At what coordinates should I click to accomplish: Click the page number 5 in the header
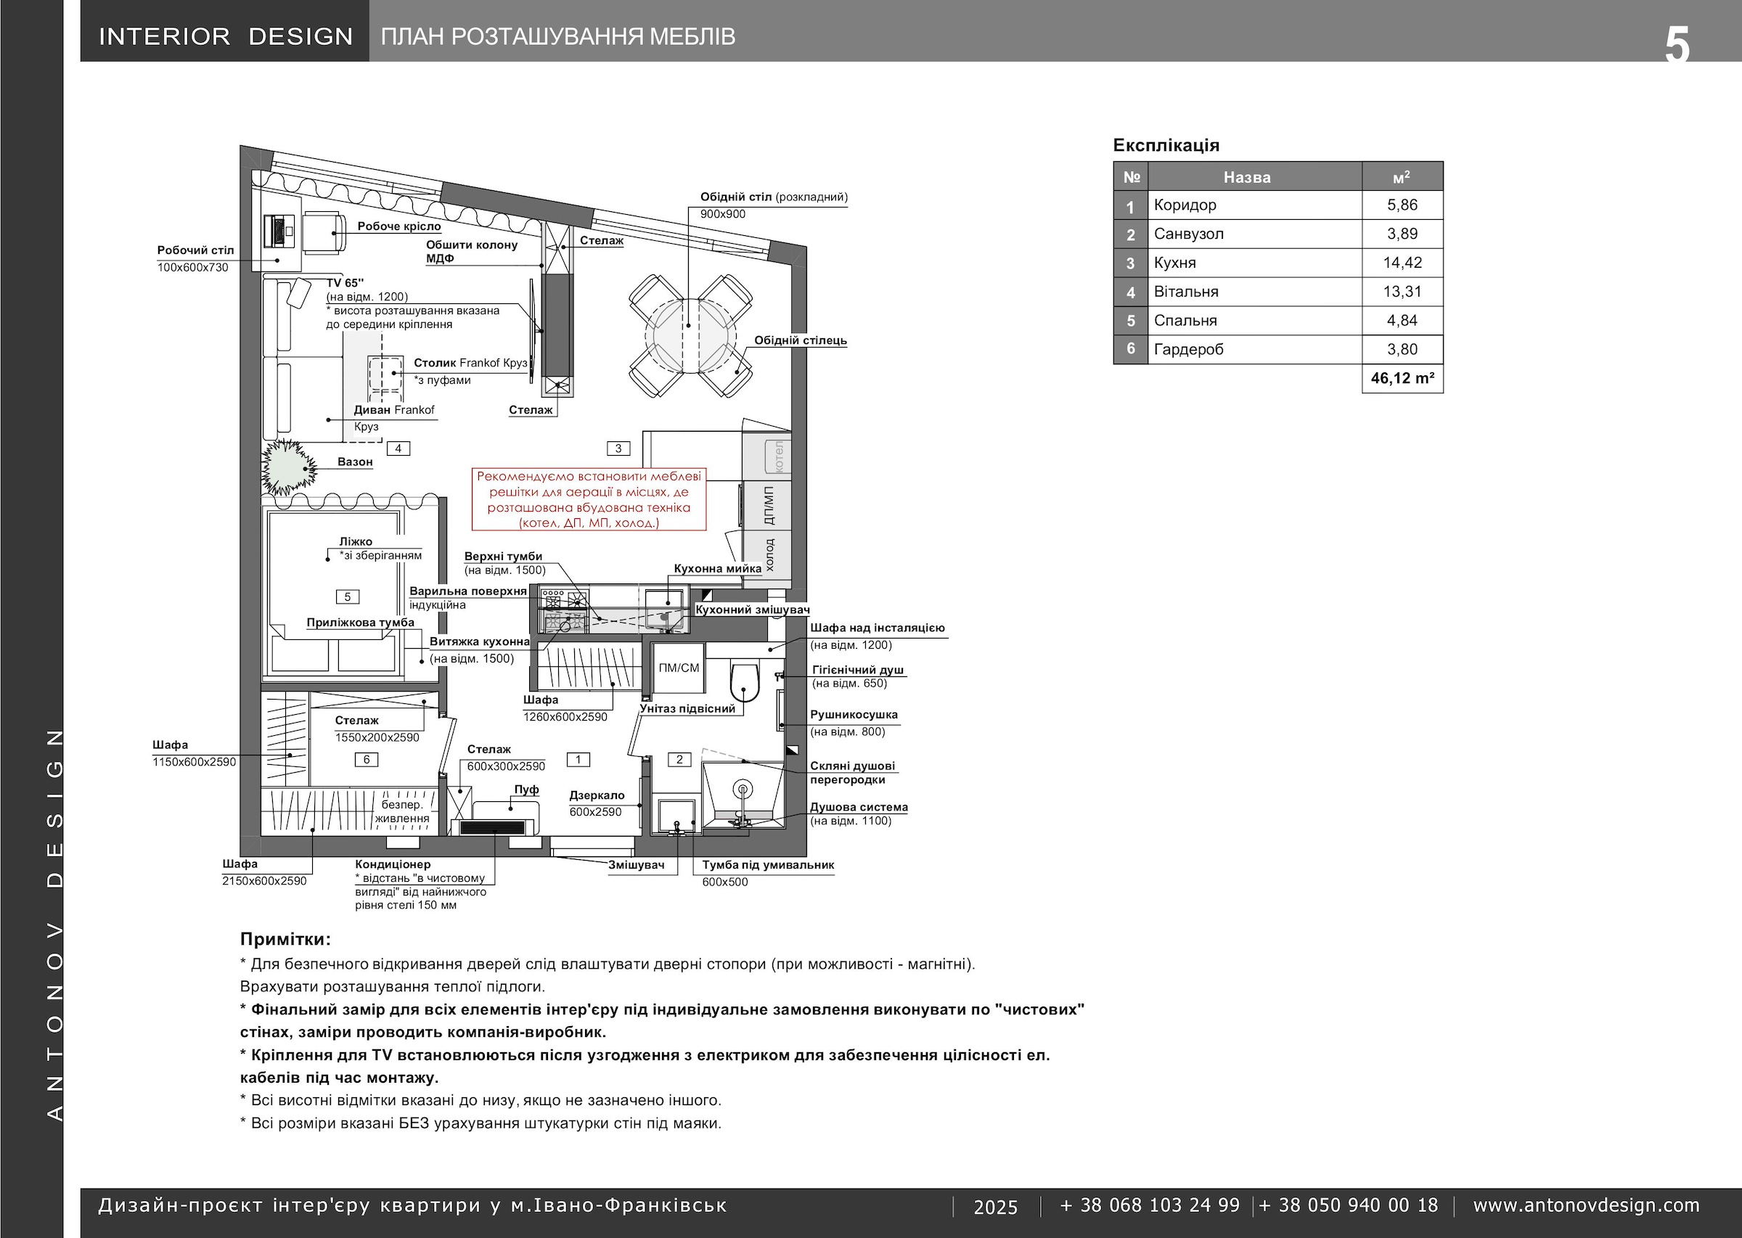[1677, 44]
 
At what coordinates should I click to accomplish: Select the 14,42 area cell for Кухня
[1402, 263]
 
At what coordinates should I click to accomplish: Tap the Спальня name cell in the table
[1255, 321]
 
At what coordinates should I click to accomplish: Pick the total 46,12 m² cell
[1402, 379]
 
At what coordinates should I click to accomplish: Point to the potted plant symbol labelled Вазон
[288, 467]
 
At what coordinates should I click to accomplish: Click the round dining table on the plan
[691, 336]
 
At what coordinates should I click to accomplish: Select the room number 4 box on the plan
[398, 449]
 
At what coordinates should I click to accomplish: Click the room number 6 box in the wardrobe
[367, 759]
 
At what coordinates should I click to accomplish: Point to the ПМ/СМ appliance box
[679, 668]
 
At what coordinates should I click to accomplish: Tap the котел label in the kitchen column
[778, 456]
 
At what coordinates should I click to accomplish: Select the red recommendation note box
[589, 499]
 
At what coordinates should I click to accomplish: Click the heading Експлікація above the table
[1166, 146]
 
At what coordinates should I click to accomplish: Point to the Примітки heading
[285, 939]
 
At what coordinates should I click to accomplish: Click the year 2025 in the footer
[996, 1207]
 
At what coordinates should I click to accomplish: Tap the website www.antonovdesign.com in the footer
[1587, 1205]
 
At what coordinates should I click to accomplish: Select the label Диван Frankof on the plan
[394, 410]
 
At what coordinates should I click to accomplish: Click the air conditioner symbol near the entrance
[494, 828]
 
